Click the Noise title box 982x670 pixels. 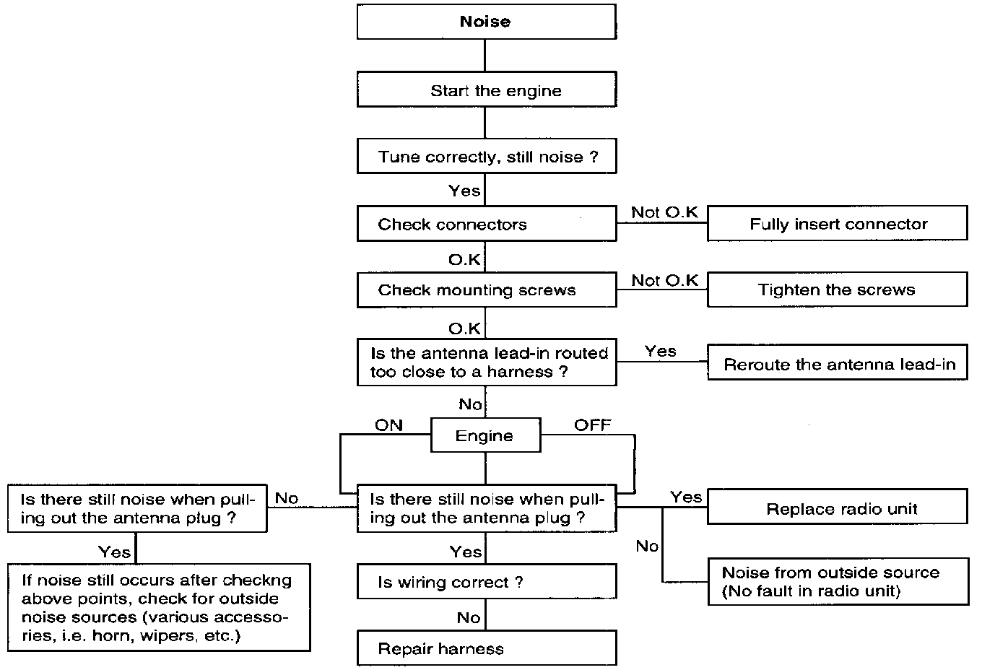point(487,22)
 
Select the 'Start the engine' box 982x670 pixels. point(487,90)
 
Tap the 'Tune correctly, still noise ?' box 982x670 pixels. point(487,156)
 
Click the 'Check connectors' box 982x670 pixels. point(487,224)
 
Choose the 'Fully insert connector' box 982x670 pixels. point(838,223)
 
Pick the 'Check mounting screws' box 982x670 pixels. point(487,290)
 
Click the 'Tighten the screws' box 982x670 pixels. point(838,290)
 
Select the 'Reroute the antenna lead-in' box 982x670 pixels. point(838,362)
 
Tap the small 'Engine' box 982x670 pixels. point(486,435)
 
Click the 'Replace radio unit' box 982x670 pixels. point(838,506)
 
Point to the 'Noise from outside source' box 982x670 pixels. point(838,581)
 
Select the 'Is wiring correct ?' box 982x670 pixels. point(487,581)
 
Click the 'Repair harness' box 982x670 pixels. point(487,648)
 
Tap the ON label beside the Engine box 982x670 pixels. point(388,425)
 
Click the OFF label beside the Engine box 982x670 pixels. point(592,425)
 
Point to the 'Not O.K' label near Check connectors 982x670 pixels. point(664,212)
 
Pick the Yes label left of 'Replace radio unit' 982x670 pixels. point(686,497)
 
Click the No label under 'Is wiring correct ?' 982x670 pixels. point(469,617)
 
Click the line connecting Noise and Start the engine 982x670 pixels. point(485,56)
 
